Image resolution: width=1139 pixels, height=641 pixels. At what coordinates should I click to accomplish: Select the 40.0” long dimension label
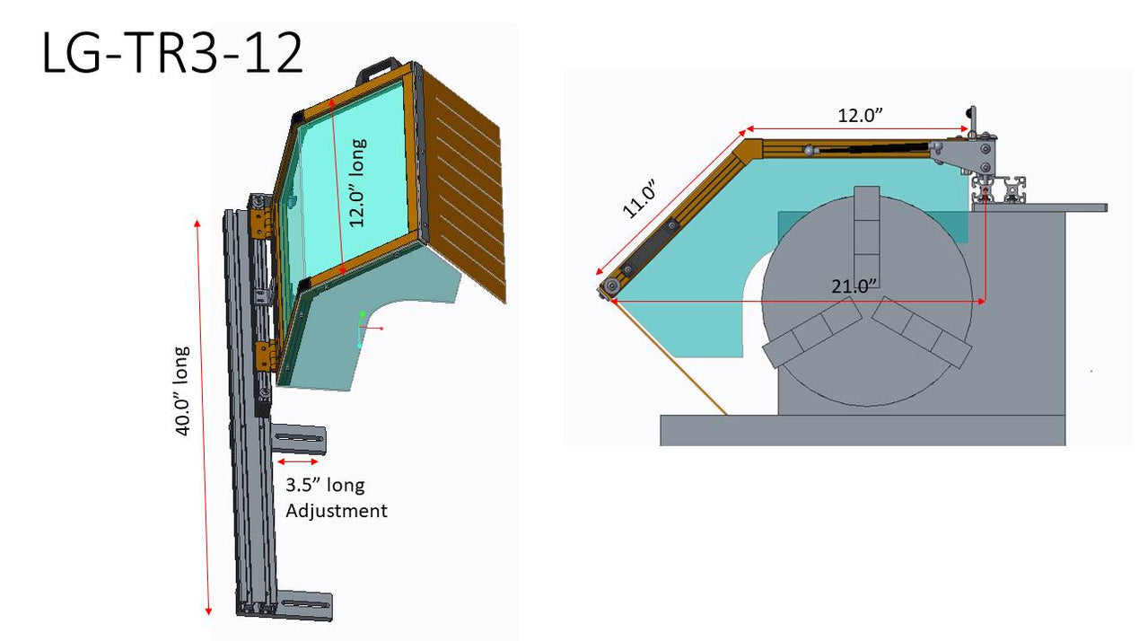(182, 391)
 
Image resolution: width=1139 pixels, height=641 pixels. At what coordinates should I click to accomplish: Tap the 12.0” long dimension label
(357, 182)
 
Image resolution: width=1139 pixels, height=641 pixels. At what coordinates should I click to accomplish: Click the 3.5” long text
(325, 485)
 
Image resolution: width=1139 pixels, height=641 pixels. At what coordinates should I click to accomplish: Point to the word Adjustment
(336, 511)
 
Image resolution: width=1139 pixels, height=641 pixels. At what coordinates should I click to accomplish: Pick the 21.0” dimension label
(854, 287)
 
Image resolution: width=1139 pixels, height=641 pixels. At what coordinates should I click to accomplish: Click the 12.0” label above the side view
(860, 116)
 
